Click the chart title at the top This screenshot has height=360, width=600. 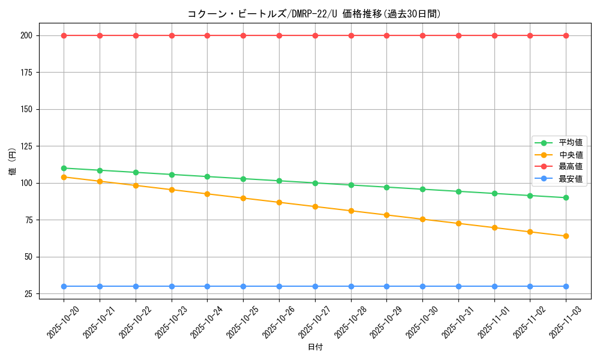coord(314,14)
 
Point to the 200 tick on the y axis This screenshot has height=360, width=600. coord(26,35)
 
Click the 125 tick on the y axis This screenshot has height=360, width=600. coord(26,146)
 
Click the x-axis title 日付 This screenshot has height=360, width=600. coord(315,347)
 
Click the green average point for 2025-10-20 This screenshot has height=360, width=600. coord(64,168)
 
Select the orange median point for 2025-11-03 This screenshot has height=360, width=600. coord(566,236)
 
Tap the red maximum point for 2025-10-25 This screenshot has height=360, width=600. coord(243,35)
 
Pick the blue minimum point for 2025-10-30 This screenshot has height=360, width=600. coord(422,286)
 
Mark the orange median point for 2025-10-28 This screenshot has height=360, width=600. coord(351,211)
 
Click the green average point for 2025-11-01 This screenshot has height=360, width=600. coord(494,194)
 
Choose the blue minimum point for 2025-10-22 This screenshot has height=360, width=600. coord(136,286)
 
